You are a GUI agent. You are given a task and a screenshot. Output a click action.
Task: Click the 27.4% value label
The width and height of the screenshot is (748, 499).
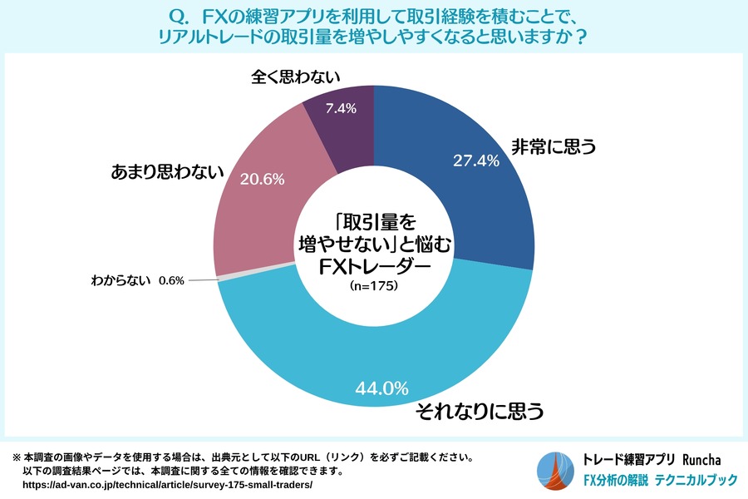coord(475,161)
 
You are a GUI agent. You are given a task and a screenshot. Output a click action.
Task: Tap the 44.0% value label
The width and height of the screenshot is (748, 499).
coord(381,387)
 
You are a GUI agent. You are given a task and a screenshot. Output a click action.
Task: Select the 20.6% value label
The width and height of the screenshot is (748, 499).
coord(262,178)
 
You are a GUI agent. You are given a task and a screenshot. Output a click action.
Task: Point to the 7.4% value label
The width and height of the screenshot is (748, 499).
coord(341,108)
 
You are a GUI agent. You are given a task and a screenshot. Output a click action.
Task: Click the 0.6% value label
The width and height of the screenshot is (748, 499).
coord(170,281)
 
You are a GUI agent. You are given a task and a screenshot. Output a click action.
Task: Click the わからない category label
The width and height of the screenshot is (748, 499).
coord(120,281)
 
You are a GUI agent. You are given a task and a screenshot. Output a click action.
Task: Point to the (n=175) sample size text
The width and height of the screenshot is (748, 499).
coord(373,286)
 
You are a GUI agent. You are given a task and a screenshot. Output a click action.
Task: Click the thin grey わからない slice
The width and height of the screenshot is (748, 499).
coord(217,278)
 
